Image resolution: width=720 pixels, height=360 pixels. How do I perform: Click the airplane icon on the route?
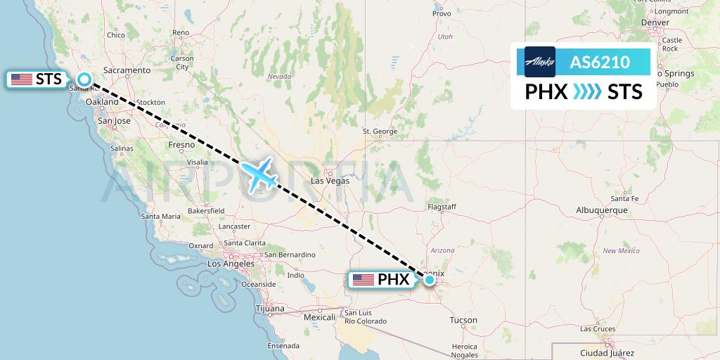pyautogui.click(x=259, y=174)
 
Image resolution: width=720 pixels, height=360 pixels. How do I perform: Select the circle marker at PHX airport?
pyautogui.click(x=430, y=280)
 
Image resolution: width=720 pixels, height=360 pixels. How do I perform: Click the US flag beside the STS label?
pyautogui.click(x=22, y=79)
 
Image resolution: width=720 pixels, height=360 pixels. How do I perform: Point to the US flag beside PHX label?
pyautogui.click(x=363, y=280)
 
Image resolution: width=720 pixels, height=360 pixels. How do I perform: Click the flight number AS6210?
pyautogui.click(x=600, y=62)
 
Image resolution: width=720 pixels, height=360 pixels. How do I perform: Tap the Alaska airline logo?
pyautogui.click(x=540, y=62)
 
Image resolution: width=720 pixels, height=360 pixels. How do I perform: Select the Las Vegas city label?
pyautogui.click(x=330, y=181)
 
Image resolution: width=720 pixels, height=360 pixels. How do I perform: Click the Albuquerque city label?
pyautogui.click(x=601, y=210)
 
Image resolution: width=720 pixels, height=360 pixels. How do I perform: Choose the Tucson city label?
pyautogui.click(x=463, y=321)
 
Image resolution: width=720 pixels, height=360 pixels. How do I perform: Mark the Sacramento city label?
pyautogui.click(x=127, y=70)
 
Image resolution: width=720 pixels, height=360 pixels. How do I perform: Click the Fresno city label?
pyautogui.click(x=181, y=145)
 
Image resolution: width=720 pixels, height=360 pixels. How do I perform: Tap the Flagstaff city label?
pyautogui.click(x=442, y=207)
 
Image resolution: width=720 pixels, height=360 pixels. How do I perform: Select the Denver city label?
pyautogui.click(x=655, y=22)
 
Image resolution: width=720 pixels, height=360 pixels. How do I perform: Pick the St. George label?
pyautogui.click(x=380, y=131)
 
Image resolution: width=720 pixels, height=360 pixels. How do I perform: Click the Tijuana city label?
pyautogui.click(x=270, y=309)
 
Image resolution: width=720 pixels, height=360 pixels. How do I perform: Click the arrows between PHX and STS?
pyautogui.click(x=587, y=92)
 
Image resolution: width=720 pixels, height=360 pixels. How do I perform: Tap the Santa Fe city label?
pyautogui.click(x=624, y=199)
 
